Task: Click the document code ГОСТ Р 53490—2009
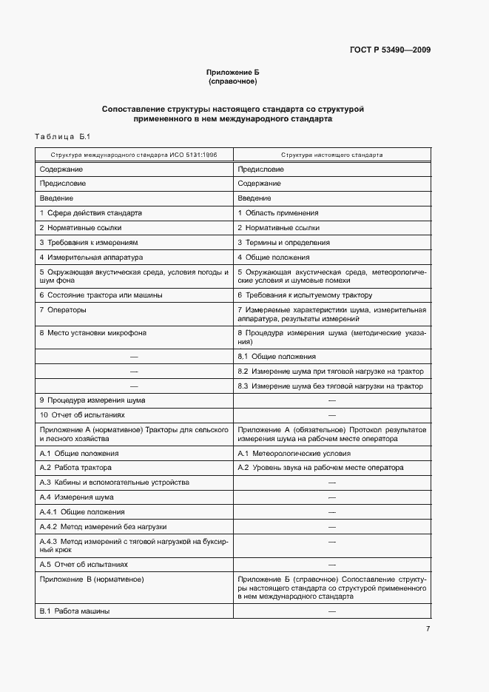[x=389, y=50]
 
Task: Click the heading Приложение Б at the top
[x=232, y=72]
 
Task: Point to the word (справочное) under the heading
[x=232, y=81]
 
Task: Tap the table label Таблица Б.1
[x=62, y=137]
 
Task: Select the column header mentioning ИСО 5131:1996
[x=134, y=155]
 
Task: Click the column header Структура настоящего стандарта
[x=331, y=155]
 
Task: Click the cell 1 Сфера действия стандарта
[x=90, y=213]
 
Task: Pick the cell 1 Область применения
[x=277, y=213]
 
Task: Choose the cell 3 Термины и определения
[x=283, y=242]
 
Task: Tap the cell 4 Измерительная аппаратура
[x=91, y=257]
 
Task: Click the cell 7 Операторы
[x=63, y=309]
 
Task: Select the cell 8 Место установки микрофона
[x=92, y=333]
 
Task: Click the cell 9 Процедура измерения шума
[x=92, y=400]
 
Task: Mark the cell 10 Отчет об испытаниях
[x=82, y=415]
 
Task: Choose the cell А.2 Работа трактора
[x=75, y=468]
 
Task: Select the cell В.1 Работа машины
[x=74, y=611]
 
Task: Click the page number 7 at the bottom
[x=428, y=629]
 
